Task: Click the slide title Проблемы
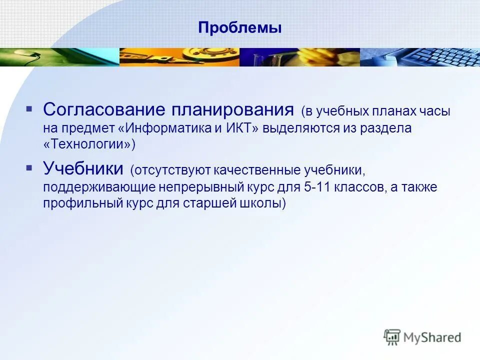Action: (x=239, y=27)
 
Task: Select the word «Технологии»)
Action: (x=89, y=144)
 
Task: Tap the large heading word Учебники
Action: (x=82, y=168)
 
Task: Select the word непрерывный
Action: (x=190, y=187)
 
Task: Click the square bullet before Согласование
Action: (x=29, y=108)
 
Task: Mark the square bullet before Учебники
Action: (x=29, y=167)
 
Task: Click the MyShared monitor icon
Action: (x=392, y=337)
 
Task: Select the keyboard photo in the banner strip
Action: (x=419, y=57)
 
